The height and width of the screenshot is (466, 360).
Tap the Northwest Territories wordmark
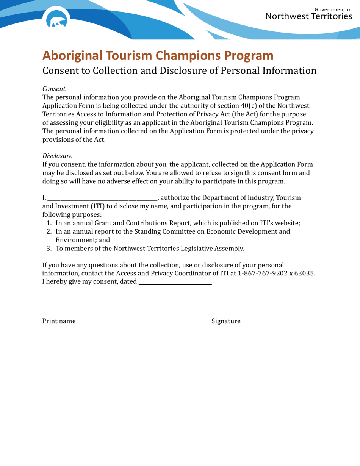pyautogui.click(x=309, y=16)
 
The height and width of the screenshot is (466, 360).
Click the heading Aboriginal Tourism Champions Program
pyautogui.click(x=158, y=55)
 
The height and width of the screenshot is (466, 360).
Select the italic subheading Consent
pyautogui.click(x=54, y=89)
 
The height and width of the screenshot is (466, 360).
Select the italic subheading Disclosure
pyautogui.click(x=57, y=156)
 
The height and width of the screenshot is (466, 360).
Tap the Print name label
pyautogui.click(x=59, y=321)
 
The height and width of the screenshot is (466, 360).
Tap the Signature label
pyautogui.click(x=226, y=321)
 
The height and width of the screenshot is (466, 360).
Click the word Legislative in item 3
pyautogui.click(x=194, y=249)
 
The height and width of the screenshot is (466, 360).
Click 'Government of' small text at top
pyautogui.click(x=333, y=9)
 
